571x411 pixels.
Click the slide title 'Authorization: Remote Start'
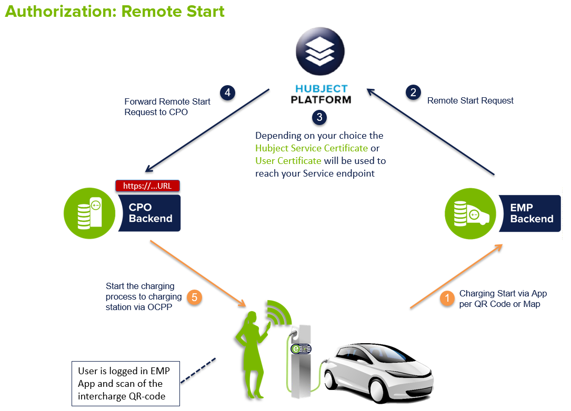(x=115, y=12)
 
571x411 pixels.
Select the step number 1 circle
(x=447, y=299)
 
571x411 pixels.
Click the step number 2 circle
(x=413, y=93)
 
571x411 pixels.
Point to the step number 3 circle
(x=319, y=117)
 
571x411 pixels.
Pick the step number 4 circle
(x=227, y=93)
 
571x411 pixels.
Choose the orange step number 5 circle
(x=194, y=297)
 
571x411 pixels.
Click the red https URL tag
(x=147, y=186)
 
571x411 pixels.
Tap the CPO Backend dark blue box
(x=151, y=213)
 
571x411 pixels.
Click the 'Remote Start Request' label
(x=470, y=100)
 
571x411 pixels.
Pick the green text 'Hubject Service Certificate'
(x=312, y=148)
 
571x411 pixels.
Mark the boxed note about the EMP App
(x=125, y=383)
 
